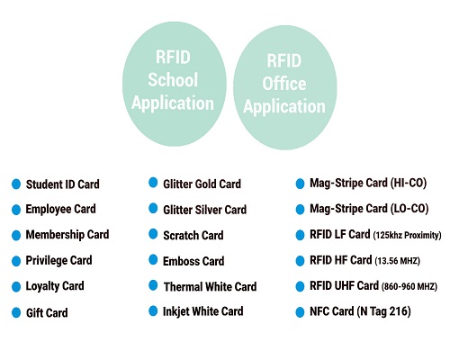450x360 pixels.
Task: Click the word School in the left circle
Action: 173,80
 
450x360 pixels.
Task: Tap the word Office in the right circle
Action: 284,84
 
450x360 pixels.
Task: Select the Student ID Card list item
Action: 62,184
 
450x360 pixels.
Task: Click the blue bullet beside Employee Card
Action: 16,210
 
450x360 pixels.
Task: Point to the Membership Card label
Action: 67,235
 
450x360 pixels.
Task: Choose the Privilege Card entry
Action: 58,260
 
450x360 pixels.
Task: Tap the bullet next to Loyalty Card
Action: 16,286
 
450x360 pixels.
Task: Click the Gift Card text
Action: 47,313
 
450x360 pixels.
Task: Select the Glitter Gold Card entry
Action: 202,184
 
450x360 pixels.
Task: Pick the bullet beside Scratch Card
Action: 153,234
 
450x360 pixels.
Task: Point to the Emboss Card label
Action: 193,261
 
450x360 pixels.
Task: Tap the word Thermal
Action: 184,286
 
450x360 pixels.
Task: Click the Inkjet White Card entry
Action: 202,311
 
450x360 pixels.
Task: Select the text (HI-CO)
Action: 409,183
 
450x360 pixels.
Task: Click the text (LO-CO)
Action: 409,209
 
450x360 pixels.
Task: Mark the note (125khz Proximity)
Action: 407,235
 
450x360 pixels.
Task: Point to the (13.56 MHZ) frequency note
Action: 397,261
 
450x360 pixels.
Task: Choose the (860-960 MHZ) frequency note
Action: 409,286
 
